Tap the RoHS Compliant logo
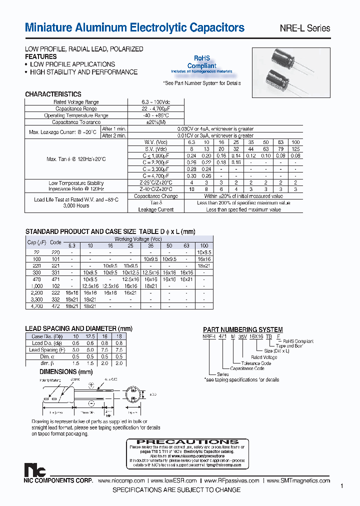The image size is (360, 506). click(201, 63)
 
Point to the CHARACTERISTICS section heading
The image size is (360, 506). click(53, 94)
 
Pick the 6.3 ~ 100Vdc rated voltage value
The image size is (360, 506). click(155, 102)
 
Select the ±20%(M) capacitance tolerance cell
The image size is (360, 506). click(155, 122)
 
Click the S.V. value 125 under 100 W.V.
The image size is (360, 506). click(296, 149)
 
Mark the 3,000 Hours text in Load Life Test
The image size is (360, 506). click(76, 206)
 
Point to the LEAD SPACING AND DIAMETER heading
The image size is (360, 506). click(78, 328)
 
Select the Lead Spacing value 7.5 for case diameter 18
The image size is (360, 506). click(118, 350)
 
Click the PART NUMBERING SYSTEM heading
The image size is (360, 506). click(242, 330)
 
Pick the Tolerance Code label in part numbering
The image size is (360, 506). click(256, 363)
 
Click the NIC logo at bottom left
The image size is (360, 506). click(35, 470)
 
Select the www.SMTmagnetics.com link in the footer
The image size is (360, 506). click(298, 480)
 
